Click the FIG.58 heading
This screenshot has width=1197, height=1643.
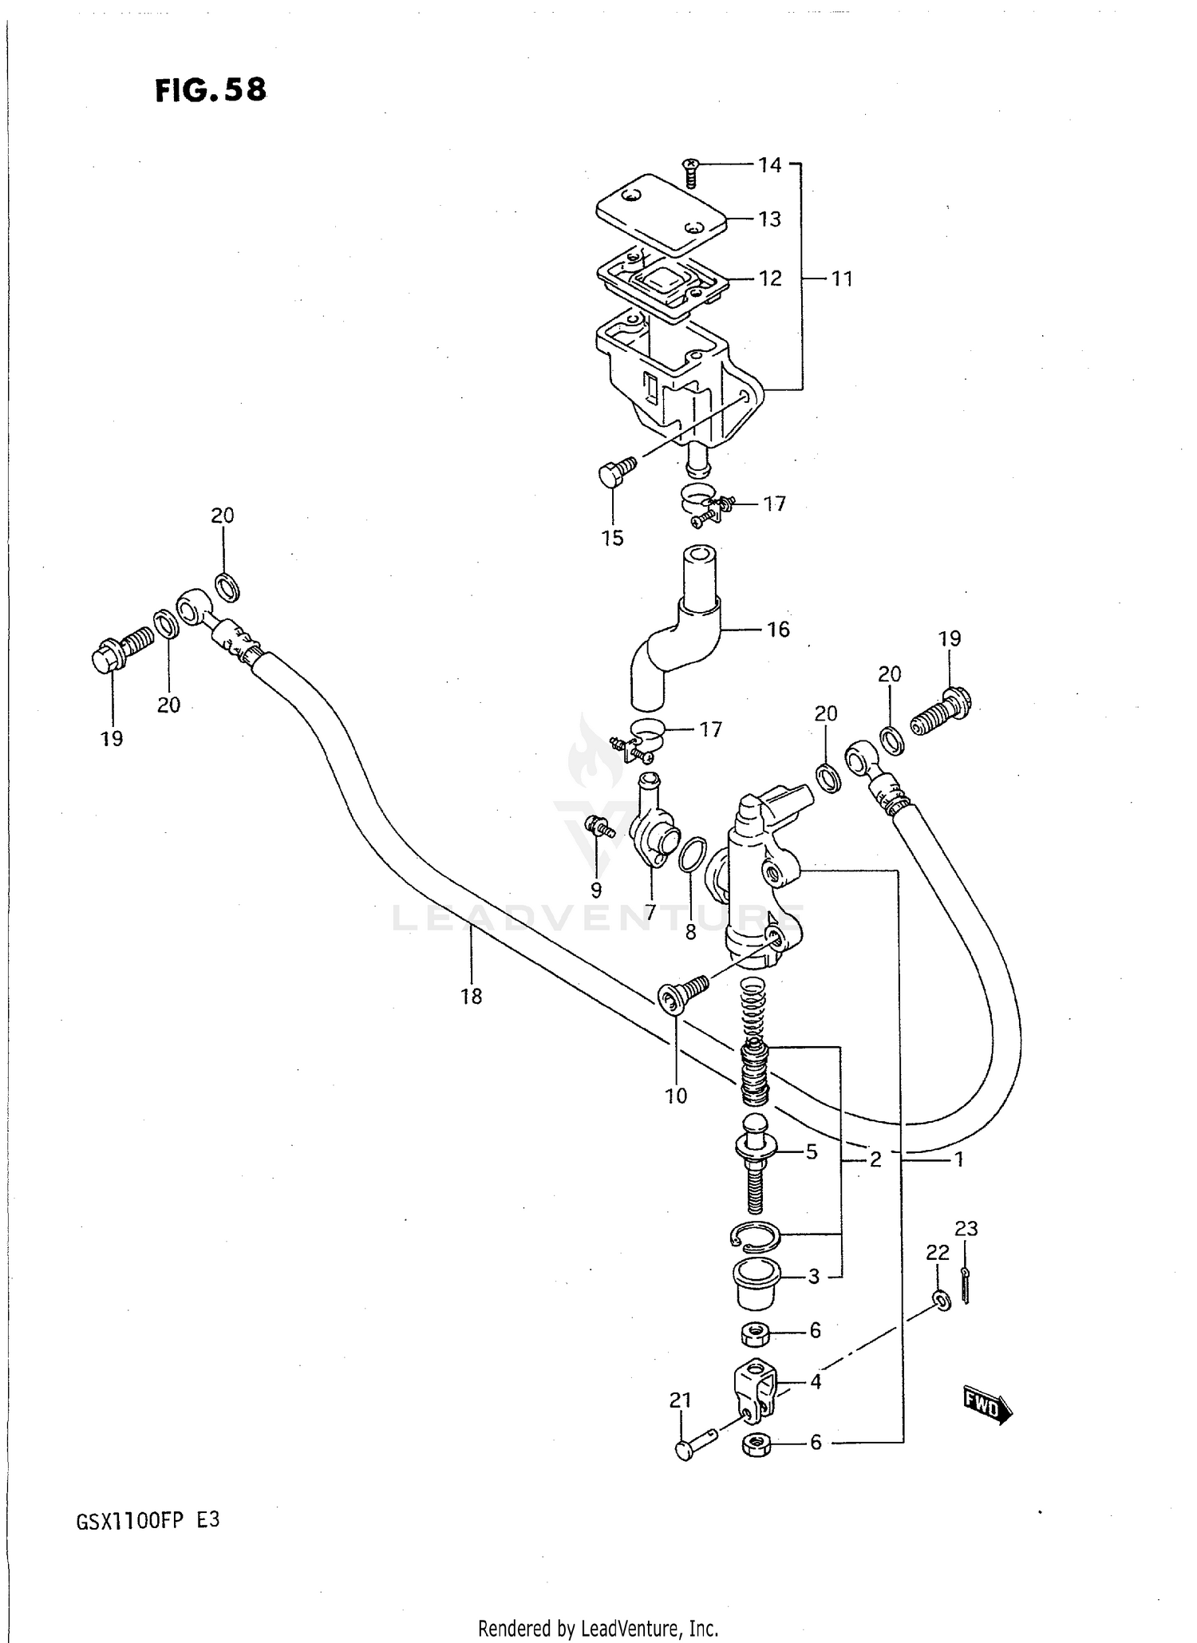(x=211, y=91)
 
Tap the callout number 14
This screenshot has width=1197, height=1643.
(x=769, y=165)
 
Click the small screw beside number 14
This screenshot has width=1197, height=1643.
(x=691, y=172)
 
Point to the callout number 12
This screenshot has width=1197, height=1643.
(x=769, y=278)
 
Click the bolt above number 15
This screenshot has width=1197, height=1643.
(x=616, y=471)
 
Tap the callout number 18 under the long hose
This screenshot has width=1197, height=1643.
(x=471, y=996)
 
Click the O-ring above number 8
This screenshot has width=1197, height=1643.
(x=691, y=855)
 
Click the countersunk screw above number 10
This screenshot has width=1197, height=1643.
(x=682, y=993)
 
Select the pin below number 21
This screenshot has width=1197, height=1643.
(x=694, y=1444)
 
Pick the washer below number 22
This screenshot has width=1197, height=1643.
(x=942, y=1301)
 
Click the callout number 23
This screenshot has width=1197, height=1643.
(x=966, y=1228)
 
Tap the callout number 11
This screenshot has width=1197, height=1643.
(x=842, y=279)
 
